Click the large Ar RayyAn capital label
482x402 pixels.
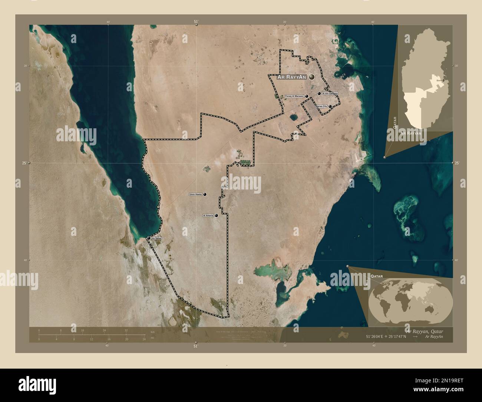(292, 77)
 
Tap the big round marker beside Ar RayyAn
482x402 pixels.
(311, 77)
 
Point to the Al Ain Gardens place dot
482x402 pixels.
(319, 94)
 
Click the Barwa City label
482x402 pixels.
(321, 106)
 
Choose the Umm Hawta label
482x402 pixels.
(195, 194)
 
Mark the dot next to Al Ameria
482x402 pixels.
(216, 215)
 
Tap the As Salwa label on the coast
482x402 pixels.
(156, 238)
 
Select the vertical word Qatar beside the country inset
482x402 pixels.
(395, 122)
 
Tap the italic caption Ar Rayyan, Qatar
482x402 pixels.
(424, 330)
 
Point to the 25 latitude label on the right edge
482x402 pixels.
(456, 163)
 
